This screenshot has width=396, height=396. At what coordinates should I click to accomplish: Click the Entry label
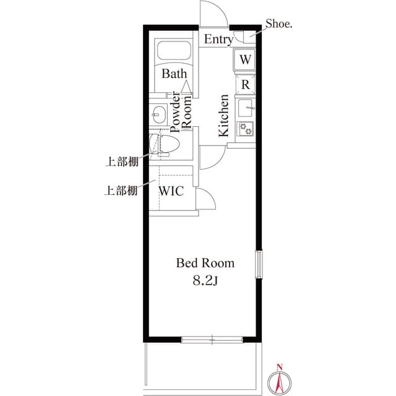coord(218,40)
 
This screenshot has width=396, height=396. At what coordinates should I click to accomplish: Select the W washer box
coord(246,60)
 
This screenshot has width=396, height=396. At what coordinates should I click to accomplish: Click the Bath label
coord(174,74)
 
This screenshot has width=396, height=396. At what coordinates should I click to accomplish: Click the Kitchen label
coord(223,116)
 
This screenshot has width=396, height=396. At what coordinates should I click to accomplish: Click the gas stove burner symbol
coord(246,129)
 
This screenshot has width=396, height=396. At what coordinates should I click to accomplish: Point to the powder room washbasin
coord(158,114)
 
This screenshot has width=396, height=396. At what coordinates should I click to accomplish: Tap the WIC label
coord(171,191)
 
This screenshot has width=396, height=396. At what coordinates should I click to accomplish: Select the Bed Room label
coord(205,263)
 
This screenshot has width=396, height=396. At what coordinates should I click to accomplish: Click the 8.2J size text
coord(205,280)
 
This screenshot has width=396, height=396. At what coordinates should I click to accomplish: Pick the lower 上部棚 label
coord(120,191)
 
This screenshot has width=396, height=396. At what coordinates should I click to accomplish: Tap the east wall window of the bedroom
coord(259,265)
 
